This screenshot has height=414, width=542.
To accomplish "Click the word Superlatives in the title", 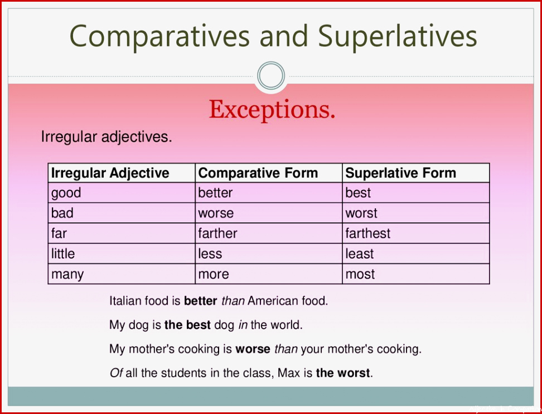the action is pos(398,37).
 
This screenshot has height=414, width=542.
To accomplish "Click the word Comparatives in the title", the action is pos(159,37).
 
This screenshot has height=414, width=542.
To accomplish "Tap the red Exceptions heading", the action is pos(272,110).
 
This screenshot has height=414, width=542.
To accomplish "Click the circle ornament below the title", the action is pos(271,76).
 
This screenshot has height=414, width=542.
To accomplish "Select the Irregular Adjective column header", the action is pos(122,173).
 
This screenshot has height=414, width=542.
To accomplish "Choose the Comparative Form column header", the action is pos(269,173).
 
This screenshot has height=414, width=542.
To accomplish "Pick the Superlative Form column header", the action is pos(416,173).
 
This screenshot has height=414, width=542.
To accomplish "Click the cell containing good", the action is pos(122,193).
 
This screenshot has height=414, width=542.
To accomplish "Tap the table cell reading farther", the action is pos(269,233).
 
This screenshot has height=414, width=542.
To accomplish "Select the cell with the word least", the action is pos(416,254).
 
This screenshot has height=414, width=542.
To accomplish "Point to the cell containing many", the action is pos(122,274).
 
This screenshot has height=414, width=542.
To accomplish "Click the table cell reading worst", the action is pos(416,213).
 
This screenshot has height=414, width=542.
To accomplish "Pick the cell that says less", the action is pos(269,254).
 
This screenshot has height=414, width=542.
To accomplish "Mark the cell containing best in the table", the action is pos(416,193).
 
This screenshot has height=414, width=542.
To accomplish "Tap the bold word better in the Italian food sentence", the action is pos(201,301).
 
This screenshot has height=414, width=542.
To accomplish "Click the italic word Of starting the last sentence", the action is pos(116,373).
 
